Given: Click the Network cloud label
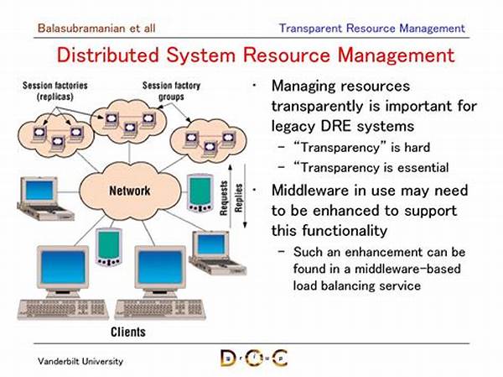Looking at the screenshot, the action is coord(130,191).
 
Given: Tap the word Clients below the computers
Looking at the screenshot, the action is coord(128,332).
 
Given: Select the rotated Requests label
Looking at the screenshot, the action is coord(224,197).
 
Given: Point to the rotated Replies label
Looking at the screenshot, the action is coord(238,198).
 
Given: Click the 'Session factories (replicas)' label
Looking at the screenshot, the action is coord(55,91).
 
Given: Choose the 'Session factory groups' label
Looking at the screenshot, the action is coord(171,91).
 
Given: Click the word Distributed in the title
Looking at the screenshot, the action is coord(108,55).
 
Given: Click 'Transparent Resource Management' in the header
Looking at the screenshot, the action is coord(371,29).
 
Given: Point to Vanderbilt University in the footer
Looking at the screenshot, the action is coord(80,361).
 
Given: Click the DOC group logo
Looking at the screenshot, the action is coord(254,358).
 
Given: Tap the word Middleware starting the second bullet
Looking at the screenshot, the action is coord(310,191).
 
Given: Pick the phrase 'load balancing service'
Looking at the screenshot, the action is coord(357,285).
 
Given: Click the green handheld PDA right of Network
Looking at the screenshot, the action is coord(200,193).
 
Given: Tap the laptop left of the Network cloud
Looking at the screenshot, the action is coord(44,198).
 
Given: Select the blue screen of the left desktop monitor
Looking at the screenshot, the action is coord(63,267).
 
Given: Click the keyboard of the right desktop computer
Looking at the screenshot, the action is coord(160,309).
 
